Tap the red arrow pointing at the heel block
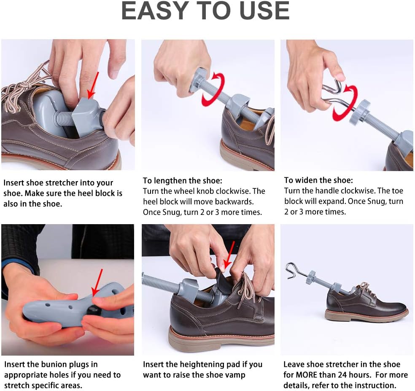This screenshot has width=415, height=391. click(93, 85)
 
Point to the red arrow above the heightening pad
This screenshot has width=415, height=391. click(229, 255)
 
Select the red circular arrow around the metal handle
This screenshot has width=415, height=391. click(345, 103)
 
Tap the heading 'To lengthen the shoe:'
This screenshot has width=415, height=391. click(183, 181)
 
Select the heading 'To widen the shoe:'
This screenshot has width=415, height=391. click(318, 180)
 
